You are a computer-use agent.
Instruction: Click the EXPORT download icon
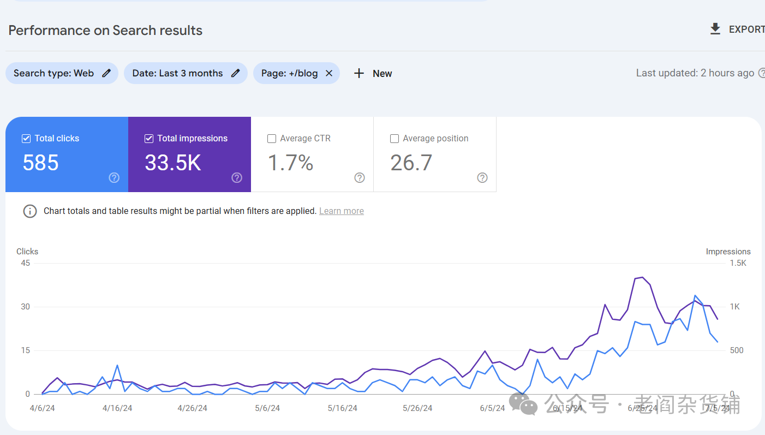click(x=715, y=29)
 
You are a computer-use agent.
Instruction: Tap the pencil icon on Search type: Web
click(x=106, y=73)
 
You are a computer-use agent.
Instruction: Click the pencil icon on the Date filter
click(x=235, y=73)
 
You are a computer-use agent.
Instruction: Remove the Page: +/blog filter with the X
click(x=329, y=73)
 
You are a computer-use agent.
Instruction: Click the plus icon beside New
click(x=359, y=73)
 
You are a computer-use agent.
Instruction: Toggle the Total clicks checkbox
click(x=26, y=139)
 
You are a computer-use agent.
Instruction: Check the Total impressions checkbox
click(x=149, y=139)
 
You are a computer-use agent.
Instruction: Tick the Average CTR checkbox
click(x=272, y=139)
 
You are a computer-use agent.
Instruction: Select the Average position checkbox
click(x=395, y=139)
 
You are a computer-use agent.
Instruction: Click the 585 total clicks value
click(x=40, y=163)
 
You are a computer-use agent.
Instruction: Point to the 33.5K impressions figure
click(x=173, y=163)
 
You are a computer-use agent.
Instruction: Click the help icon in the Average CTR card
click(x=359, y=178)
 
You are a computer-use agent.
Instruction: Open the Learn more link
click(x=342, y=211)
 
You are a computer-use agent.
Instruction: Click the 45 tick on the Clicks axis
click(x=25, y=263)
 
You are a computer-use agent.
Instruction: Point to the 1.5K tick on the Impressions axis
click(x=738, y=263)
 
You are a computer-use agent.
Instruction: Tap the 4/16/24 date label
click(x=117, y=408)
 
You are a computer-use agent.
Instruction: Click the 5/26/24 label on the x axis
click(x=417, y=408)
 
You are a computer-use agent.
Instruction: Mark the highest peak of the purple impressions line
click(x=642, y=277)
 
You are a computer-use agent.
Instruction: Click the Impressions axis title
click(x=728, y=252)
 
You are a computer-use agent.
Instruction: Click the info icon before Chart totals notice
click(x=30, y=211)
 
